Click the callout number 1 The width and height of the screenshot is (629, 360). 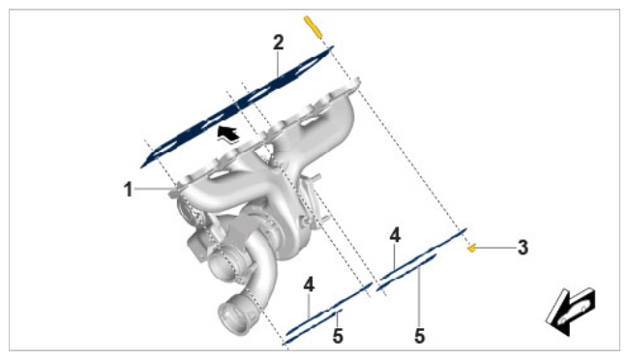128,190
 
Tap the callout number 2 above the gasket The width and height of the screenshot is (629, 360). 279,43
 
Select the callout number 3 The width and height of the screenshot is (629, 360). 523,248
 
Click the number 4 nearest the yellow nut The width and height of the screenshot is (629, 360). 395,235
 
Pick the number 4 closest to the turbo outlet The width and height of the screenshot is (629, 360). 309,285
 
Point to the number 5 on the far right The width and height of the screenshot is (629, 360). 420,336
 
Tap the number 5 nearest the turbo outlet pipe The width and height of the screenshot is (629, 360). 338,336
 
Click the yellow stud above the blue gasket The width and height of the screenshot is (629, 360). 313,27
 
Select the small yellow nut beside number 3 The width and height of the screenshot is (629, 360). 472,249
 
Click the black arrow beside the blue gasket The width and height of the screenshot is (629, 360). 227,134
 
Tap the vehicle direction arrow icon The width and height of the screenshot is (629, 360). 570,311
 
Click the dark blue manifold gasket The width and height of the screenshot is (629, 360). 237,106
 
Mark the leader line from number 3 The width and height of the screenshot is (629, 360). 496,248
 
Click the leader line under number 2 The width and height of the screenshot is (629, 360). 279,62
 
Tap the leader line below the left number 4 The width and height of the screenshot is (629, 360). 309,306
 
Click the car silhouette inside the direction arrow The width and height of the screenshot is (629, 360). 572,313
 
